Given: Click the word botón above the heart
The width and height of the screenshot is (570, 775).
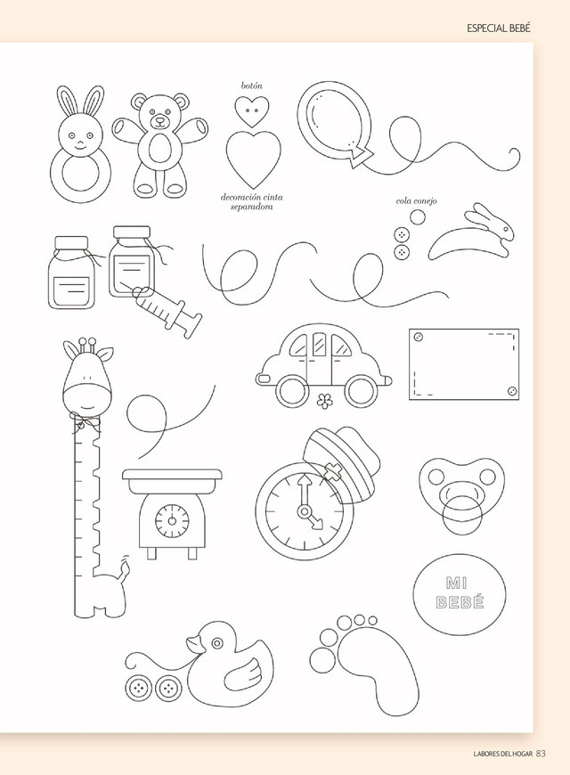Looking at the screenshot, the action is [x=252, y=86].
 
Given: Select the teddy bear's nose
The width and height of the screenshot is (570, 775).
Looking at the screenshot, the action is [x=159, y=119].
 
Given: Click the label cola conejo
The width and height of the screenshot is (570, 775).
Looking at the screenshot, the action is [x=416, y=201].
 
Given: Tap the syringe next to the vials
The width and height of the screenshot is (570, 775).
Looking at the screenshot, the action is [x=167, y=310].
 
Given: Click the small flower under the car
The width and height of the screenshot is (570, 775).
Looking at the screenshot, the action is [x=324, y=401].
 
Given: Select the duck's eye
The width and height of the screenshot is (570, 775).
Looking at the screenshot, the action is [x=217, y=643].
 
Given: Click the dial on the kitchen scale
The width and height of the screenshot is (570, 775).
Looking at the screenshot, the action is [x=172, y=520].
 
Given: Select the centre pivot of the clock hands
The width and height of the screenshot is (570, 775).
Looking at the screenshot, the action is [x=304, y=510].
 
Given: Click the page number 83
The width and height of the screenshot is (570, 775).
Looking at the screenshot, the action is [x=541, y=754].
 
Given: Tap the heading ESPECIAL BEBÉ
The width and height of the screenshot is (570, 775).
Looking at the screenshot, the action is [x=499, y=29].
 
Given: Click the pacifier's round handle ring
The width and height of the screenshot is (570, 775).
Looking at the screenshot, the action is [x=462, y=516].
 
